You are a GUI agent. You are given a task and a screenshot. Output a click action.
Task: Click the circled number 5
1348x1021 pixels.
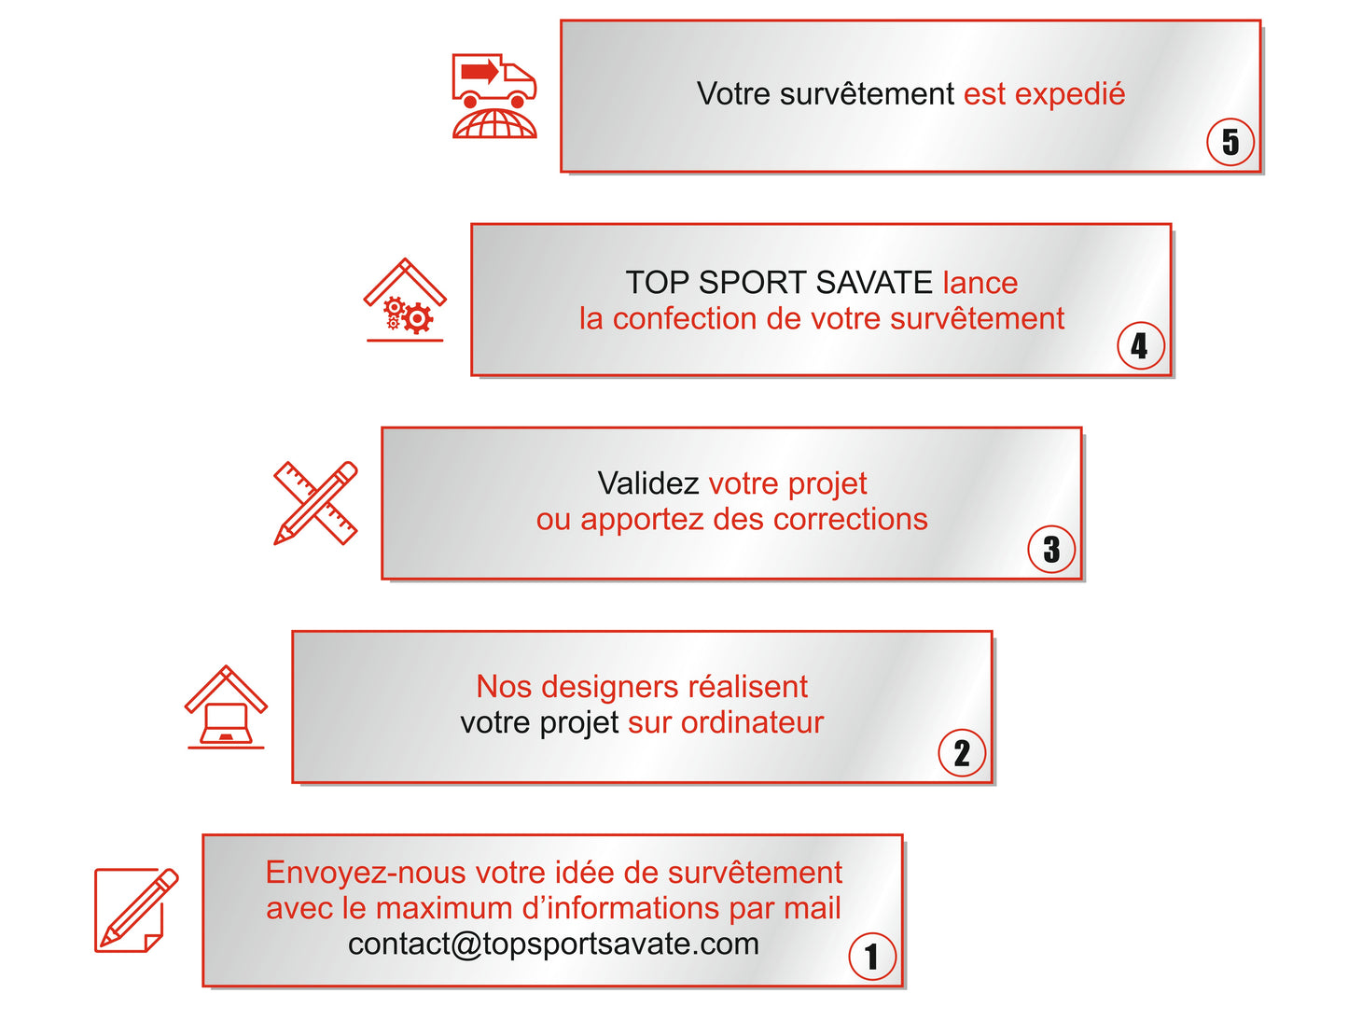coord(1230,142)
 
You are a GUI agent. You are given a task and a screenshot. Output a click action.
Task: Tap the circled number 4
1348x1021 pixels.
coord(1140,346)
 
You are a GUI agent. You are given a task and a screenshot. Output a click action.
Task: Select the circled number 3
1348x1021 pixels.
coord(1051,550)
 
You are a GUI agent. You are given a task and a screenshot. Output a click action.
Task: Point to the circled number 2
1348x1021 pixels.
coord(962,753)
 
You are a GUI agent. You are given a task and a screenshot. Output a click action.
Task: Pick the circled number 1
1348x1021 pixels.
coord(872,957)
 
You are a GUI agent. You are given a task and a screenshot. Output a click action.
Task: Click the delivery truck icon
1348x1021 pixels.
coord(493,79)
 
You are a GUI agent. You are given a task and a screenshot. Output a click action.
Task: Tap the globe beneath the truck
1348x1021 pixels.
coord(494,124)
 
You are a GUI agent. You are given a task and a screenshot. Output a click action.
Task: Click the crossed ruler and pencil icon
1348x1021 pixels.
coord(315,503)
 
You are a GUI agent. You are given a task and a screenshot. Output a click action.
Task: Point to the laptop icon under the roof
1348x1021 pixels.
coord(225,723)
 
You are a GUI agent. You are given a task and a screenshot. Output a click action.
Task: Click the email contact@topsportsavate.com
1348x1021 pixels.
coord(553,944)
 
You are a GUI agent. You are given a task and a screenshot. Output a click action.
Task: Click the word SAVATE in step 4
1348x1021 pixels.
coord(874,283)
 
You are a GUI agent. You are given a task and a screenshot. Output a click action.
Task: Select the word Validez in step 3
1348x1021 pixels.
coord(648,483)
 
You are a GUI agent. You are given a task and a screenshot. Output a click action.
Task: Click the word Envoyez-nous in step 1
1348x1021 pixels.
coord(365,873)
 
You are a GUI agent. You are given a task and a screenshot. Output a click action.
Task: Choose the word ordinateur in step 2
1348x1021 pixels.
coord(752,722)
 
